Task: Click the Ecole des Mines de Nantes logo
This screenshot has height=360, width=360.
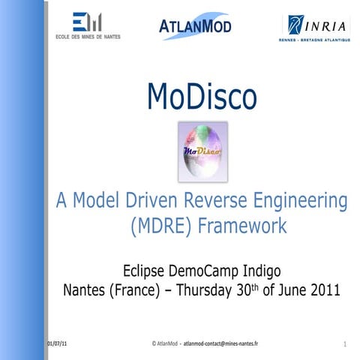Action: pyautogui.click(x=88, y=25)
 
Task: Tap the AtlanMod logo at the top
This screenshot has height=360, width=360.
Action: pyautogui.click(x=196, y=25)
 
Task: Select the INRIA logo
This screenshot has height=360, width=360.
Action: pyautogui.click(x=316, y=28)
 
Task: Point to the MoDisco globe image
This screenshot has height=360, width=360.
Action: pyautogui.click(x=202, y=151)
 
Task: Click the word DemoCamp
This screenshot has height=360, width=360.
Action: pyautogui.click(x=211, y=269)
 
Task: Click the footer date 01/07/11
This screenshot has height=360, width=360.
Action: pyautogui.click(x=57, y=343)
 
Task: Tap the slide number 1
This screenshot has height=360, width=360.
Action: pyautogui.click(x=343, y=344)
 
